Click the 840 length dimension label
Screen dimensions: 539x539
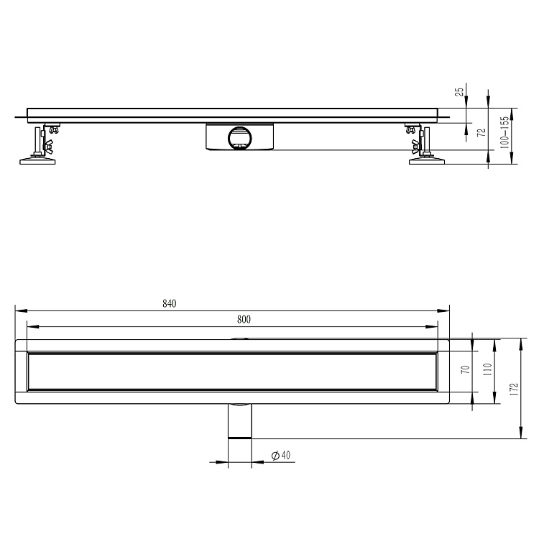[170, 303]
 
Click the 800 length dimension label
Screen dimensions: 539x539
[244, 319]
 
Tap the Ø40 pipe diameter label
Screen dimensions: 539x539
[281, 456]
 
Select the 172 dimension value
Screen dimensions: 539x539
[514, 389]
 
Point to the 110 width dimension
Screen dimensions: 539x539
[488, 369]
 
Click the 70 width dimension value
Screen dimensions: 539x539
[466, 369]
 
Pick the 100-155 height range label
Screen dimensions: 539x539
[505, 132]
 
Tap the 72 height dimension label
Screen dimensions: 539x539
[482, 132]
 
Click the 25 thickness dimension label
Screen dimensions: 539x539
[459, 92]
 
